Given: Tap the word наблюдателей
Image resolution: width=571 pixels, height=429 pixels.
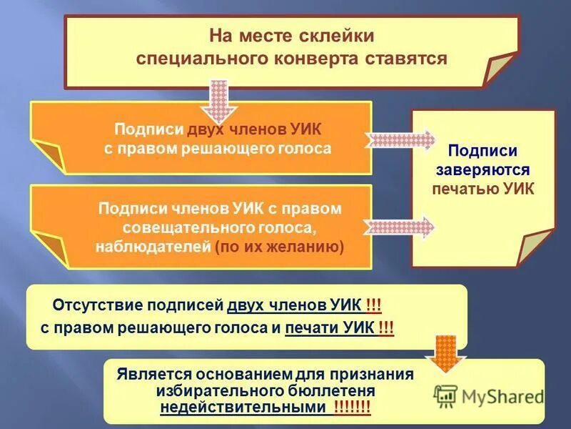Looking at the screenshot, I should coord(153,247).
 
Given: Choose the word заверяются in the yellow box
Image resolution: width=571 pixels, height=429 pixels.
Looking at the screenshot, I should coord(483,171).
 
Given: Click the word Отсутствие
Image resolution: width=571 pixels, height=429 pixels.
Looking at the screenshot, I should coord(97,306).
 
